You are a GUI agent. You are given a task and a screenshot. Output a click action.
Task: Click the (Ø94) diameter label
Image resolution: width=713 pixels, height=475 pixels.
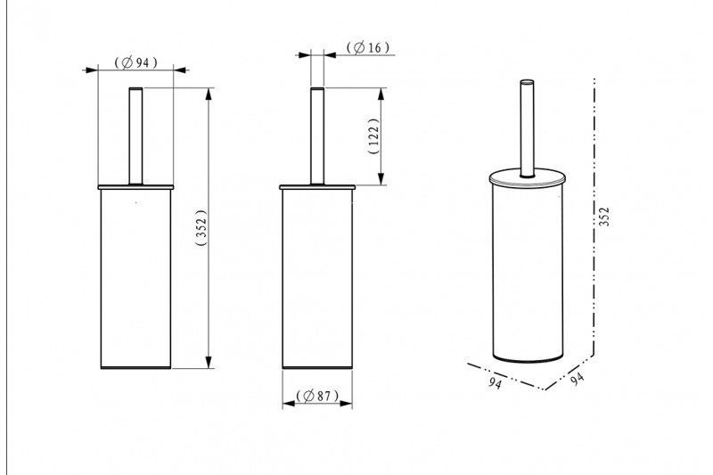pos(136,62)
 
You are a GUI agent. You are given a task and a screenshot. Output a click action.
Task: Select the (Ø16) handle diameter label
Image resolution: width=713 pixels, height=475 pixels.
pos(368,47)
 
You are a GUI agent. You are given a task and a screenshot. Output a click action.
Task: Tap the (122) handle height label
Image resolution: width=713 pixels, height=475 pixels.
pos(373,136)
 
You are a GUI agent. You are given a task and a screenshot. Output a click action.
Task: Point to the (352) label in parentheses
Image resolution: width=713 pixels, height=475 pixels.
pos(201,227)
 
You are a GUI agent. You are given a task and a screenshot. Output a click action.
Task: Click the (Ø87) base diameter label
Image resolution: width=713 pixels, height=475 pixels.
pos(317,396)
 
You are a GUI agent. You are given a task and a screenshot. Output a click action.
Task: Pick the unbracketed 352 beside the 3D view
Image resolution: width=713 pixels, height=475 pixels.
pos(603,217)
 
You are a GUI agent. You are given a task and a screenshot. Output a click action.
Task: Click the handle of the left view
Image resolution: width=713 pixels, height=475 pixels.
pos(136,136)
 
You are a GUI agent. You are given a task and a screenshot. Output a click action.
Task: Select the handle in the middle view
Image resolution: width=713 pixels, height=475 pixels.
pos(317,136)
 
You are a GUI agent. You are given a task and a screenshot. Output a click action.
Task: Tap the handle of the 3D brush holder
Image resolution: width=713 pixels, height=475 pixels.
pos(528,128)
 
